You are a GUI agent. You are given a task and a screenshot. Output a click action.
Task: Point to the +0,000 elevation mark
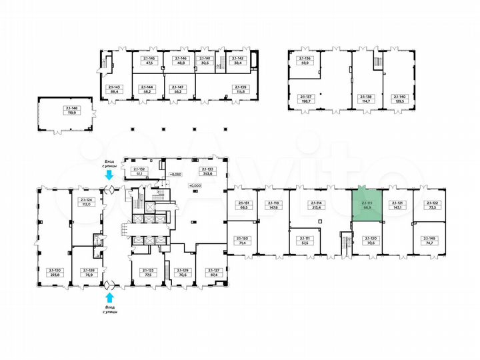pyautogui.click(x=195, y=185)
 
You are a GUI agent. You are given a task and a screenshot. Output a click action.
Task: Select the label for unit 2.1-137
pyautogui.click(x=307, y=98)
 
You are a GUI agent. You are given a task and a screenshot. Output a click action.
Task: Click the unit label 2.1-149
pyautogui.click(x=428, y=242)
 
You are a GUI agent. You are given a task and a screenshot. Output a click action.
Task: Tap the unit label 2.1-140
pyautogui.click(x=398, y=98)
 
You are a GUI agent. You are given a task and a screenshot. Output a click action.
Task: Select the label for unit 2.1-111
pyautogui.click(x=307, y=241)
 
